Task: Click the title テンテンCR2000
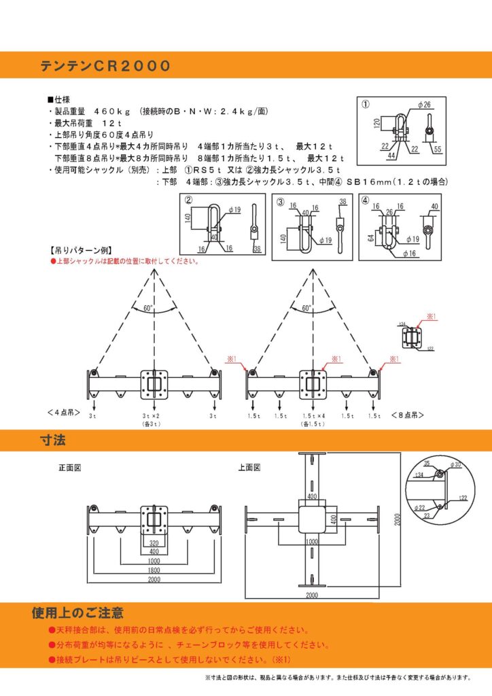[105, 66]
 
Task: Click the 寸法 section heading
[52, 442]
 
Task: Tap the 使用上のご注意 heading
[77, 612]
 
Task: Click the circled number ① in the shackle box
[365, 105]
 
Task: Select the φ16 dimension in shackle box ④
[409, 254]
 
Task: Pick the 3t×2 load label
[150, 415]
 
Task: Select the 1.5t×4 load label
[313, 415]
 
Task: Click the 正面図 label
[69, 468]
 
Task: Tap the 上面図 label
[249, 468]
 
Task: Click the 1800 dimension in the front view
[156, 571]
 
